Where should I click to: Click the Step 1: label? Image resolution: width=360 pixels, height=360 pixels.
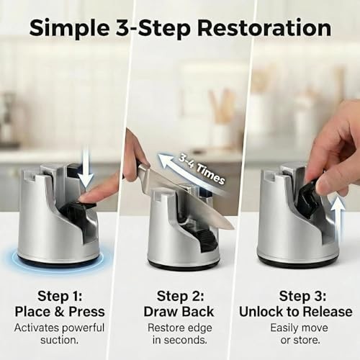(x=59, y=296)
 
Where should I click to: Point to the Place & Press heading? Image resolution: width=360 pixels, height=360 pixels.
(x=59, y=312)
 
